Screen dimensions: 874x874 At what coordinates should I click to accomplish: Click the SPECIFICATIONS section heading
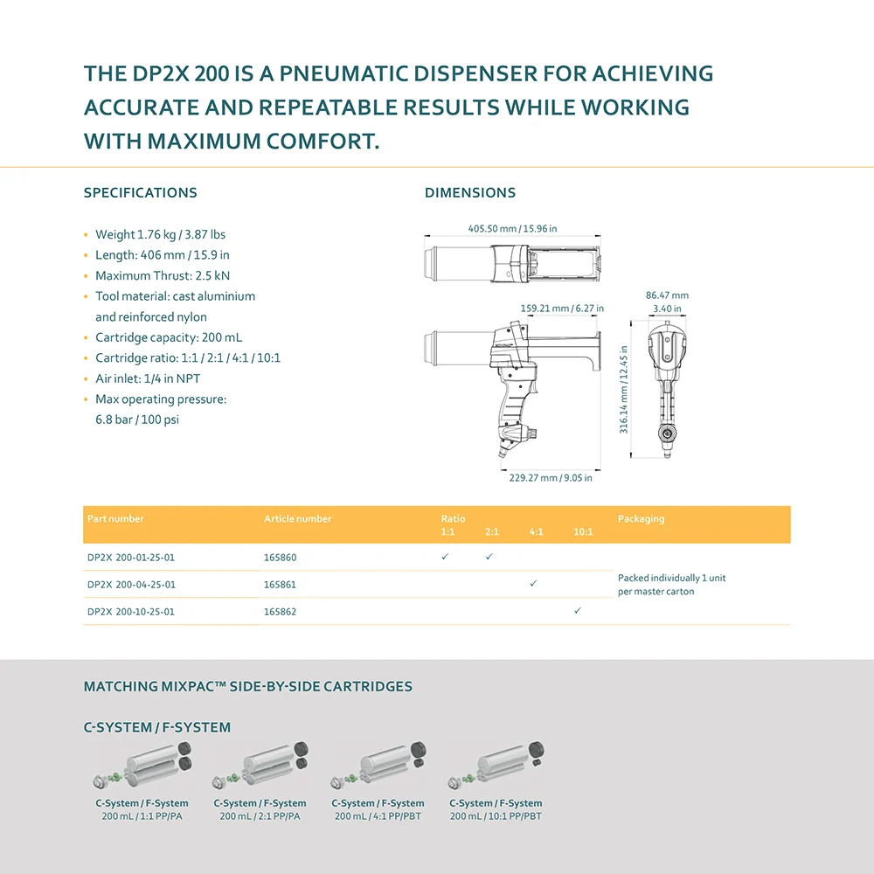point(140,193)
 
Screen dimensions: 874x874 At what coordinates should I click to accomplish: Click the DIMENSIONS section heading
point(470,193)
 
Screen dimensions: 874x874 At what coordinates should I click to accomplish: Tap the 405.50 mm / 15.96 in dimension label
point(512,229)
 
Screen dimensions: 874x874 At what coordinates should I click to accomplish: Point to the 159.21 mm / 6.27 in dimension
point(562,309)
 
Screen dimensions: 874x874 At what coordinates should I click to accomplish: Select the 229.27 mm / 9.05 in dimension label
point(551,478)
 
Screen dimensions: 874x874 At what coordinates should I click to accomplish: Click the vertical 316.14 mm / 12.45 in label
point(624,387)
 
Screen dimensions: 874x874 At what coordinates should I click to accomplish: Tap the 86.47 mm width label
point(667,295)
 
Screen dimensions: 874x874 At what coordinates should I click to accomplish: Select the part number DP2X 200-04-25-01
point(131,585)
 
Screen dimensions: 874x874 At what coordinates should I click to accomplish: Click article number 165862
point(280,612)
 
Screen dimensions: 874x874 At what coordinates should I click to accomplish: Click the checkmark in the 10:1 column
point(578,611)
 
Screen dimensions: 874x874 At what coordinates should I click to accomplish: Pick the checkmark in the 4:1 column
point(533,584)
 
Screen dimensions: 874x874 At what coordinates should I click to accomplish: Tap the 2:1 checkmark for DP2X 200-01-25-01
point(489,557)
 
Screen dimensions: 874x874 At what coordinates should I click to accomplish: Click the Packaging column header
point(641,519)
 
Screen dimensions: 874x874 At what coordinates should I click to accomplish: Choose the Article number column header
point(298,519)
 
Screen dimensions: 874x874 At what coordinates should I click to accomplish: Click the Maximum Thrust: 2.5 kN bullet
point(163,276)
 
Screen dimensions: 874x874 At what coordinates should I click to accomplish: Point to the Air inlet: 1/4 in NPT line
point(148,379)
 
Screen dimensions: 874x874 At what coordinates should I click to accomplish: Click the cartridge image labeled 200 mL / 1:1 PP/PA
point(143,766)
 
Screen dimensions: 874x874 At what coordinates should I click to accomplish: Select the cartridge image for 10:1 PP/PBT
point(496,766)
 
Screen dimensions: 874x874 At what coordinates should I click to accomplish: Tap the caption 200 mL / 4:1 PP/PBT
point(378,816)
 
